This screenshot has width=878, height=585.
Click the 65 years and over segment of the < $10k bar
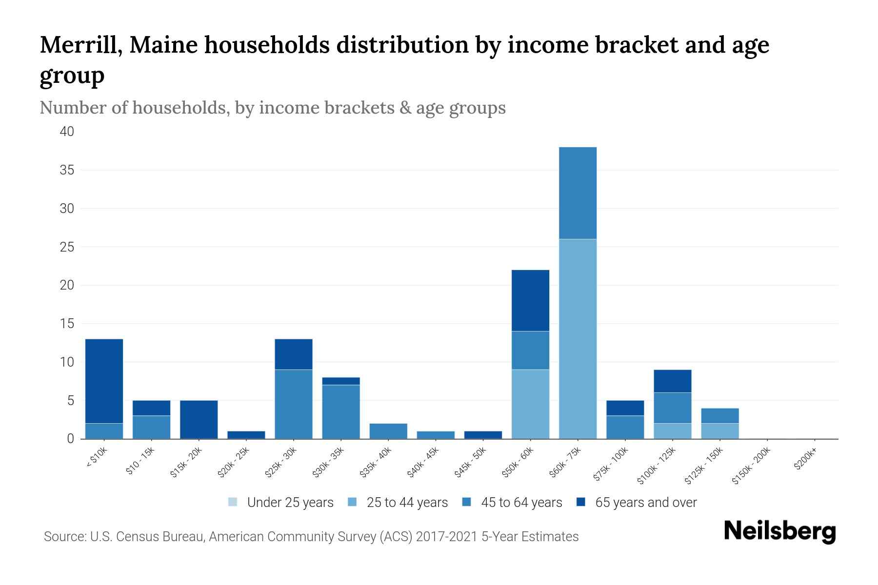(x=104, y=381)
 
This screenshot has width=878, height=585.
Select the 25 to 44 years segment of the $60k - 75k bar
(x=578, y=339)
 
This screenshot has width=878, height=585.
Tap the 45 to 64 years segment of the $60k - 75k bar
(x=578, y=193)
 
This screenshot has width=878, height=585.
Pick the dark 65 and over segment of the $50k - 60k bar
(x=530, y=300)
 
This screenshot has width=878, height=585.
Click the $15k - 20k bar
(x=199, y=419)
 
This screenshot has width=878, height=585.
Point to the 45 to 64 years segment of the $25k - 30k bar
(x=293, y=404)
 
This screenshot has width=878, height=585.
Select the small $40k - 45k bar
(x=436, y=435)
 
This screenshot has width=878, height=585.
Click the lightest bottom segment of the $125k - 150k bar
(x=720, y=431)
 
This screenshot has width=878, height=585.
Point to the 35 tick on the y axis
(x=67, y=170)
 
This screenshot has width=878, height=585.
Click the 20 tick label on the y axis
(x=67, y=285)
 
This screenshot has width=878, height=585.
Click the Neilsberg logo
(x=779, y=531)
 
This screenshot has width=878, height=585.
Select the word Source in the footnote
(x=64, y=537)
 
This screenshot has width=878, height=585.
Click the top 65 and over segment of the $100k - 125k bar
(x=673, y=381)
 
